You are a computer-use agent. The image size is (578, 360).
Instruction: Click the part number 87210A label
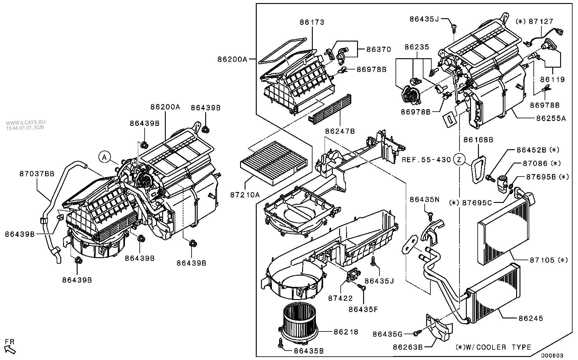(x=245, y=194)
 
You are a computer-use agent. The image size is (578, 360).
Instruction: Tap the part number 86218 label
(x=346, y=332)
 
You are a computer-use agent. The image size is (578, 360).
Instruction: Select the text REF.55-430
(x=426, y=160)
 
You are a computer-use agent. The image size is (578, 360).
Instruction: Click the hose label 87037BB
(x=37, y=174)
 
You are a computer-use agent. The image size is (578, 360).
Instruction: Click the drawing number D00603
(x=552, y=355)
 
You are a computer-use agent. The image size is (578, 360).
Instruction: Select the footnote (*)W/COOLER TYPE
(x=493, y=347)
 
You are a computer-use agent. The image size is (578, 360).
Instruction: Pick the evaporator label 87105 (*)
(x=548, y=260)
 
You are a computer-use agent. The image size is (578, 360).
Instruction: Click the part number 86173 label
(x=312, y=22)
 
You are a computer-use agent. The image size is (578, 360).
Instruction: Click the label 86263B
(x=407, y=347)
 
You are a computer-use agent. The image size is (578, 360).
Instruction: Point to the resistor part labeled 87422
(x=352, y=275)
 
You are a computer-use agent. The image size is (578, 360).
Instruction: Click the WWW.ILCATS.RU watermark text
(x=26, y=123)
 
